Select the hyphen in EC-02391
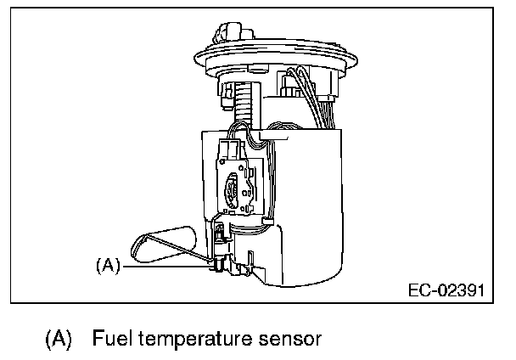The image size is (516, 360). click(x=427, y=291)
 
